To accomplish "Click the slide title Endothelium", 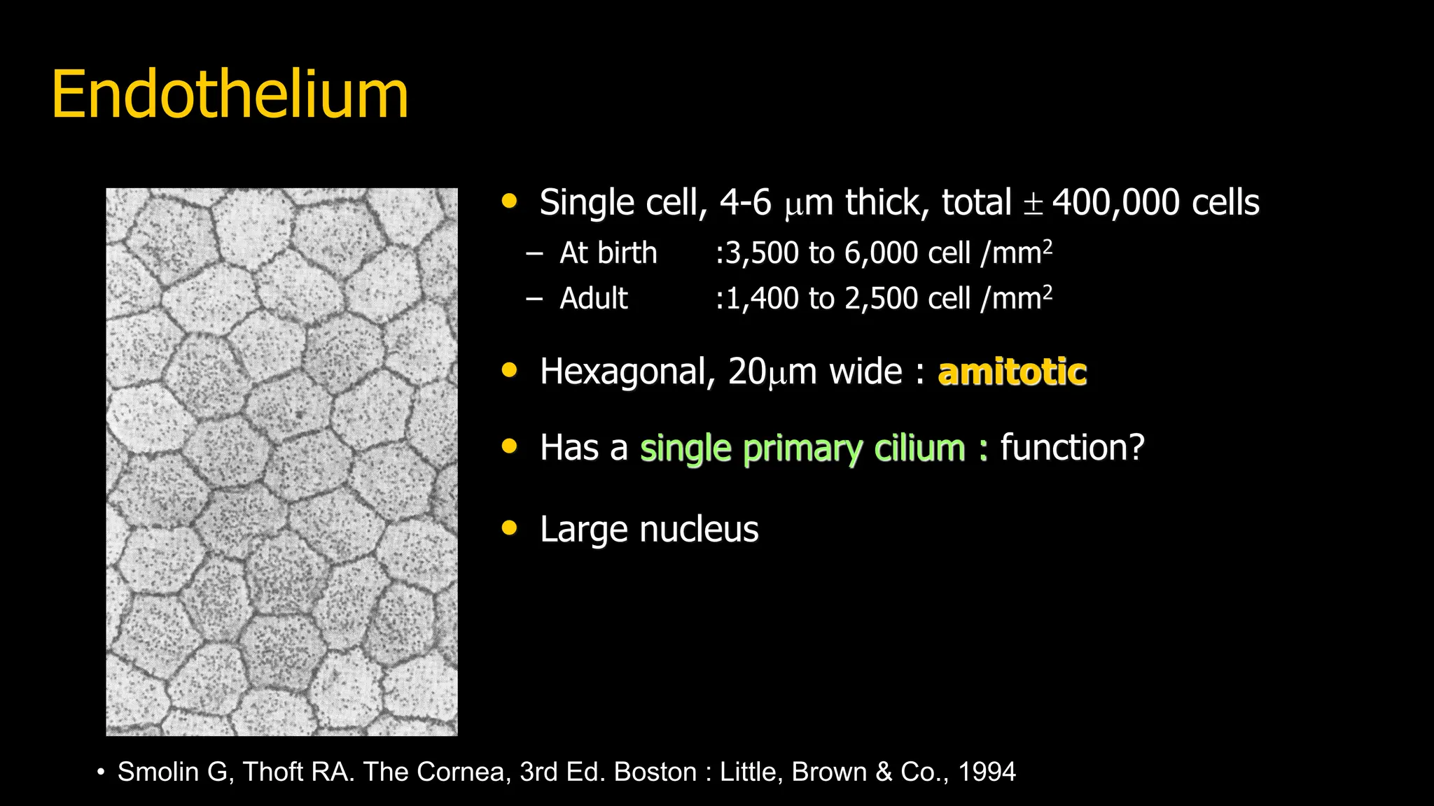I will [x=230, y=95].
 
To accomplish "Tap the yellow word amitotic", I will [x=1012, y=372].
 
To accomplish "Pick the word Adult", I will [x=594, y=299].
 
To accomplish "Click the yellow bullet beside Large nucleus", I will [x=510, y=528].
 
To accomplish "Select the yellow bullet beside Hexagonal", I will [x=510, y=370].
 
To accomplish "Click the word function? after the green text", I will [x=1072, y=448].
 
